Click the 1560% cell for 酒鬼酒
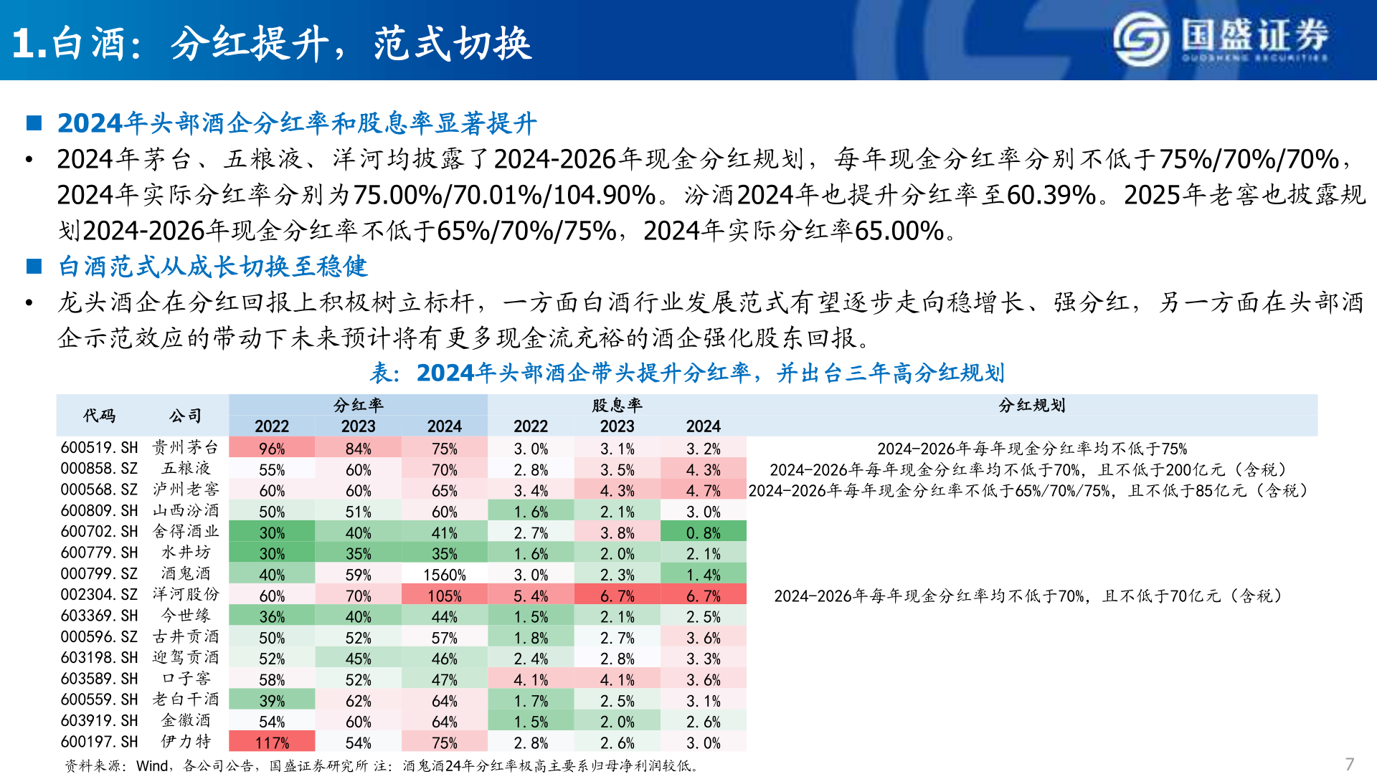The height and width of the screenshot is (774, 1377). pos(444,575)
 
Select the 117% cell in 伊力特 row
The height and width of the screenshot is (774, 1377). pos(272,742)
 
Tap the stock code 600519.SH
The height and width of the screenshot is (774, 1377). pos(99,448)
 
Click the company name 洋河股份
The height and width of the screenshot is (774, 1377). pos(186,595)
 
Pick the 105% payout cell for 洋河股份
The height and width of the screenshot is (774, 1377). pos(444,596)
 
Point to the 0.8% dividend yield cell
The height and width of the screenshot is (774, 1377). pos(703,532)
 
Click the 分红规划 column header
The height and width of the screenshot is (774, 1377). pos(1031,406)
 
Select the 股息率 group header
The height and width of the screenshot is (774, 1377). pos(617,406)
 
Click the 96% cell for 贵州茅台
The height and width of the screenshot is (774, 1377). pos(272,449)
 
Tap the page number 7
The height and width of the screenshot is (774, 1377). pos(1349,764)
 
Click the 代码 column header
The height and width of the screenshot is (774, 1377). pos(99,416)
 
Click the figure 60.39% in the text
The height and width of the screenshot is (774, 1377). pos(1051,195)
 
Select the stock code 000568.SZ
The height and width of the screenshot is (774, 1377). pos(99,489)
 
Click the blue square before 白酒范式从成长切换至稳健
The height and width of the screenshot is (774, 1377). pos(34,267)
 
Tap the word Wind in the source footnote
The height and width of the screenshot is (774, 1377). pos(152,766)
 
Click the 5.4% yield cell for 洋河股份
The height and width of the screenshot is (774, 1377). pos(531,596)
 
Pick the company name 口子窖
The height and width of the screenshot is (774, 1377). pos(186,679)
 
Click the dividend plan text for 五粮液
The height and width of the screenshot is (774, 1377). pos(1031,470)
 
